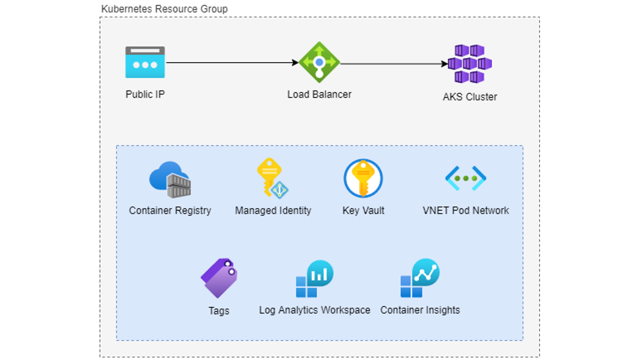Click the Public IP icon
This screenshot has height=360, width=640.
145,62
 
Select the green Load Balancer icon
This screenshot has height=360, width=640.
319,62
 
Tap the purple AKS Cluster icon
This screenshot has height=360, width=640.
469,63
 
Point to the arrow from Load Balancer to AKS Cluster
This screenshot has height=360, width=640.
393,63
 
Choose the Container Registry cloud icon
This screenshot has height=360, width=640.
170,179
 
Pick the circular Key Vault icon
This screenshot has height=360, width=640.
363,178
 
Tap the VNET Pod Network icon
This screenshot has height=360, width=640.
465,178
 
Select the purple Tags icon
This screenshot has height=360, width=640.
219,278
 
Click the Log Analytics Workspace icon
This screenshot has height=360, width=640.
314,279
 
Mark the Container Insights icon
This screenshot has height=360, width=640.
419,278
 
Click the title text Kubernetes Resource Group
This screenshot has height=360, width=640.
164,9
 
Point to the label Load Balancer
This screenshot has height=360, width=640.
319,94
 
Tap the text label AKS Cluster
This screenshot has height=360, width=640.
469,97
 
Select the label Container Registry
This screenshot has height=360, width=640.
170,210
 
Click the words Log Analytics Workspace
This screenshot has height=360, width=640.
314,310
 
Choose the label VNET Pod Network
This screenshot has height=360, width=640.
465,210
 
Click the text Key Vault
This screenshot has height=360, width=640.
363,210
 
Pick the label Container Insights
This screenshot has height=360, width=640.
420,310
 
